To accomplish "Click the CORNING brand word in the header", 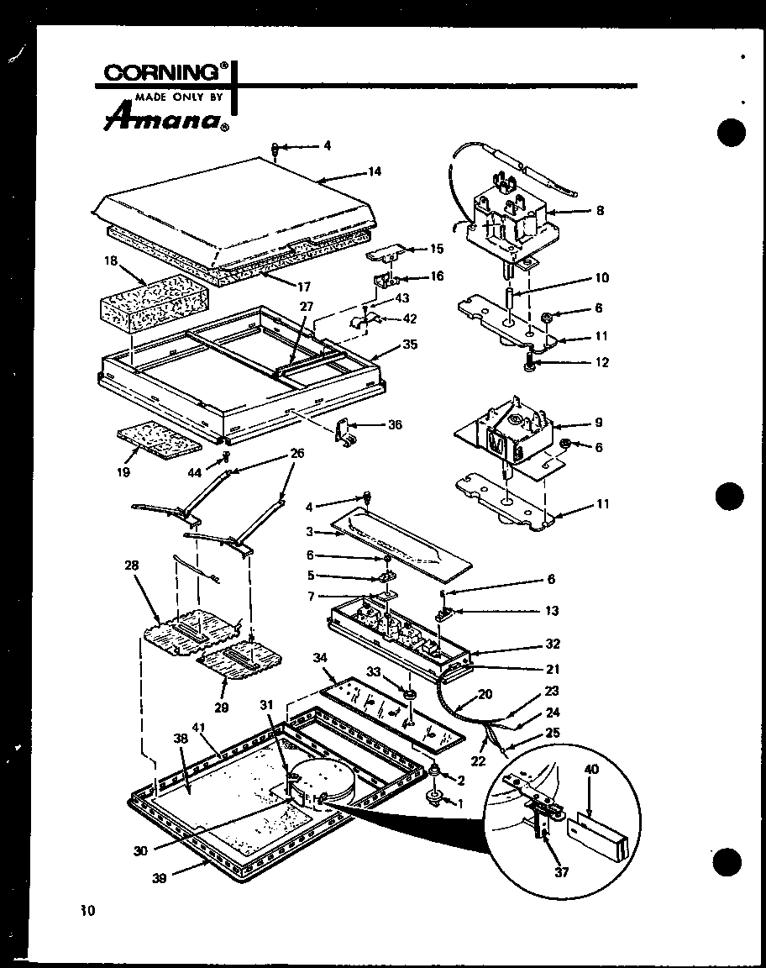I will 160,73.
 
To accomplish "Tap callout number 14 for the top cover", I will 374,171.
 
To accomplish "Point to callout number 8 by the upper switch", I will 599,212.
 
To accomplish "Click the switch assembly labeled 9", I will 504,437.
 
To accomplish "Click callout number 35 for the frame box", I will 410,344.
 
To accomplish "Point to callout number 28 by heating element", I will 132,566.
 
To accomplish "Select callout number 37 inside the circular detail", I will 561,872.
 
